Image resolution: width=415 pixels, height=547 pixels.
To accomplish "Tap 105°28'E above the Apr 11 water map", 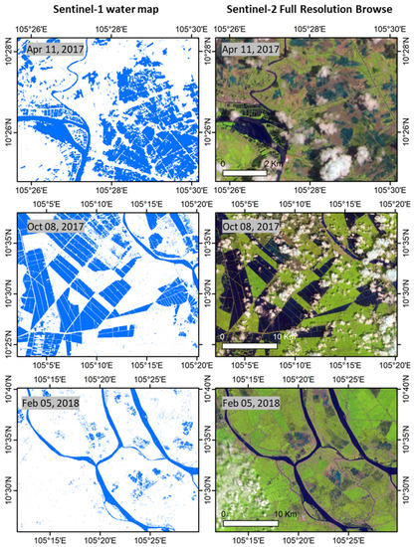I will coord(112,30).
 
